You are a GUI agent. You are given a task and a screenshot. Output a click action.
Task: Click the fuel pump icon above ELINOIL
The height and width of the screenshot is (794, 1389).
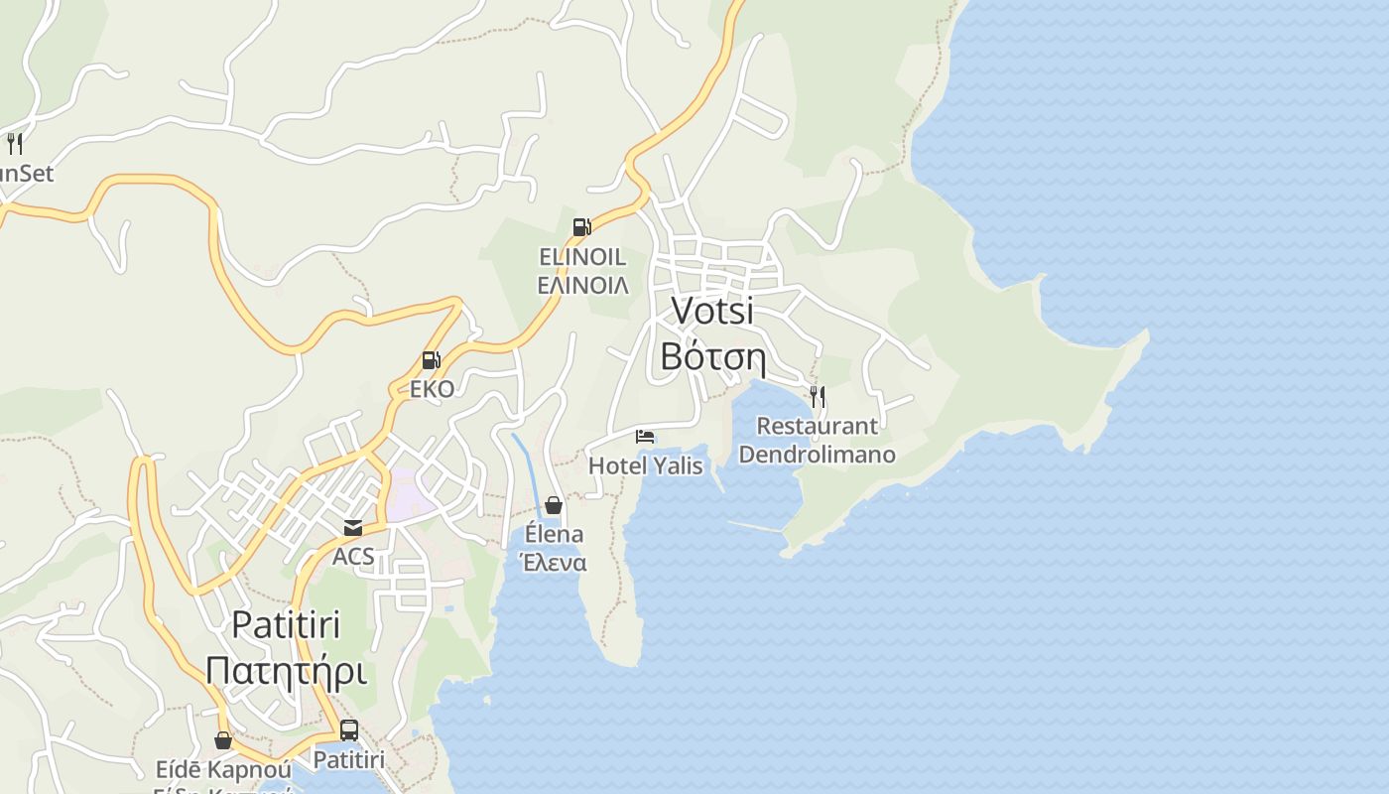[582, 227]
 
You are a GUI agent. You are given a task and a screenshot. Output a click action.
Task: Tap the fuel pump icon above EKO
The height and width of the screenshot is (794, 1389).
[432, 360]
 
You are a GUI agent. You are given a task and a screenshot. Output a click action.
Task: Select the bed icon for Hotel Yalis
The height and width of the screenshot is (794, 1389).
[645, 436]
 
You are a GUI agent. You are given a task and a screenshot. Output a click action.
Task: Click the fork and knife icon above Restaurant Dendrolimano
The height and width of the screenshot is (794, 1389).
[818, 397]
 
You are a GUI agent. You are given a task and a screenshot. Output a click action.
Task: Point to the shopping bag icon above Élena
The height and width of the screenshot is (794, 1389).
[554, 505]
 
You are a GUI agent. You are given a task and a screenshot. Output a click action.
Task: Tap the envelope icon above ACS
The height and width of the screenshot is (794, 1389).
[353, 527]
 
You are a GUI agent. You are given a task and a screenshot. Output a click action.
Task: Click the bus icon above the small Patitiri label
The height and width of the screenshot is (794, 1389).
[349, 730]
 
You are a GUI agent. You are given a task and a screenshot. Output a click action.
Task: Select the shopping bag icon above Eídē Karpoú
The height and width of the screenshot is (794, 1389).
[223, 740]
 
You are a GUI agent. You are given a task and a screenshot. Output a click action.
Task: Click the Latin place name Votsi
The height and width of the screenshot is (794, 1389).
[712, 311]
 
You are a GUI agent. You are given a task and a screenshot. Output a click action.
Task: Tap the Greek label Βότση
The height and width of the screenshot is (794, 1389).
[712, 356]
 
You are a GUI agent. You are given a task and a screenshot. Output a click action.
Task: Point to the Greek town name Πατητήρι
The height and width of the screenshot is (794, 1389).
[287, 671]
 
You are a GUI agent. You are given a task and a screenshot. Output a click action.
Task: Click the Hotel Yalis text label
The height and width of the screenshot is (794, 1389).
[645, 465]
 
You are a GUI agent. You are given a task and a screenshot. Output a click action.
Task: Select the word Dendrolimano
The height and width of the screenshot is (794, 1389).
[818, 456]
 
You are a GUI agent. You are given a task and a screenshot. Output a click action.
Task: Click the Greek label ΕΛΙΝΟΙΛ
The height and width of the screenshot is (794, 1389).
[582, 286]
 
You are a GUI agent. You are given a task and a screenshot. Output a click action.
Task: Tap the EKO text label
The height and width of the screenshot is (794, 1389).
[432, 389]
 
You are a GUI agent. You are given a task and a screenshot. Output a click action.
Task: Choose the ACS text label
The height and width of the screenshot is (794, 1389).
[353, 557]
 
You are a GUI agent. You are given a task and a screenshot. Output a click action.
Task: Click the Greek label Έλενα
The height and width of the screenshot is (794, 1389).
[554, 563]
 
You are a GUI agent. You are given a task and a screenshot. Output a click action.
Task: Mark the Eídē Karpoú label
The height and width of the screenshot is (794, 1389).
[223, 770]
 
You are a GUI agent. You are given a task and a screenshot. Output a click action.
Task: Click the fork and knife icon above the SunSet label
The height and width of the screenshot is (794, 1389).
[15, 144]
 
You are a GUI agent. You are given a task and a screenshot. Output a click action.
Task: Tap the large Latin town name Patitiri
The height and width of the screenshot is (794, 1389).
[287, 624]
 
